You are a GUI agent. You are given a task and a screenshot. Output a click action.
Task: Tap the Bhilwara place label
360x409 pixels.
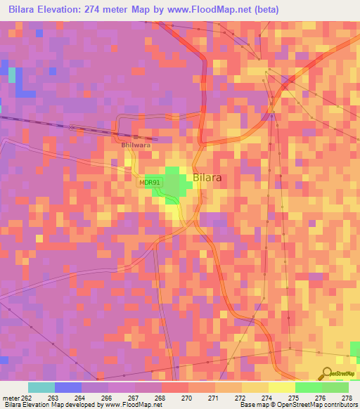tap(137, 145)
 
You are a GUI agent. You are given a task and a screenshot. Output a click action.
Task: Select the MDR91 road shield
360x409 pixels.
tap(150, 183)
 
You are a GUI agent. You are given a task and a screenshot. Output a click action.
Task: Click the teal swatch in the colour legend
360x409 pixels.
tap(41, 387)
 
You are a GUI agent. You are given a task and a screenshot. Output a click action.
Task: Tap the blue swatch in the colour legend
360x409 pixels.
tap(68, 387)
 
